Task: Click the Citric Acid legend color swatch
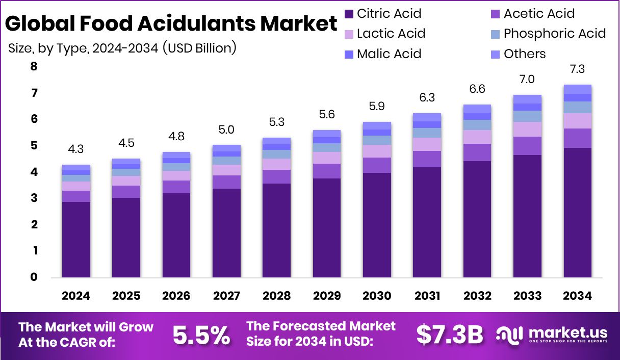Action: [349, 14]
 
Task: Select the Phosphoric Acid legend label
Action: [554, 34]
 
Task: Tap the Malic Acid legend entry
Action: [389, 54]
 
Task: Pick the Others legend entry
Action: [524, 54]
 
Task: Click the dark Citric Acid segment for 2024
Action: [76, 240]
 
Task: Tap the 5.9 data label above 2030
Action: [377, 107]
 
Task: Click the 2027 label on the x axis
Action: [226, 296]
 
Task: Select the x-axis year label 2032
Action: [477, 296]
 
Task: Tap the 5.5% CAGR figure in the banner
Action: [201, 335]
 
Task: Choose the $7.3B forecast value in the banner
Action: [449, 335]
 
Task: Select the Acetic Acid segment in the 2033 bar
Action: [527, 146]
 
